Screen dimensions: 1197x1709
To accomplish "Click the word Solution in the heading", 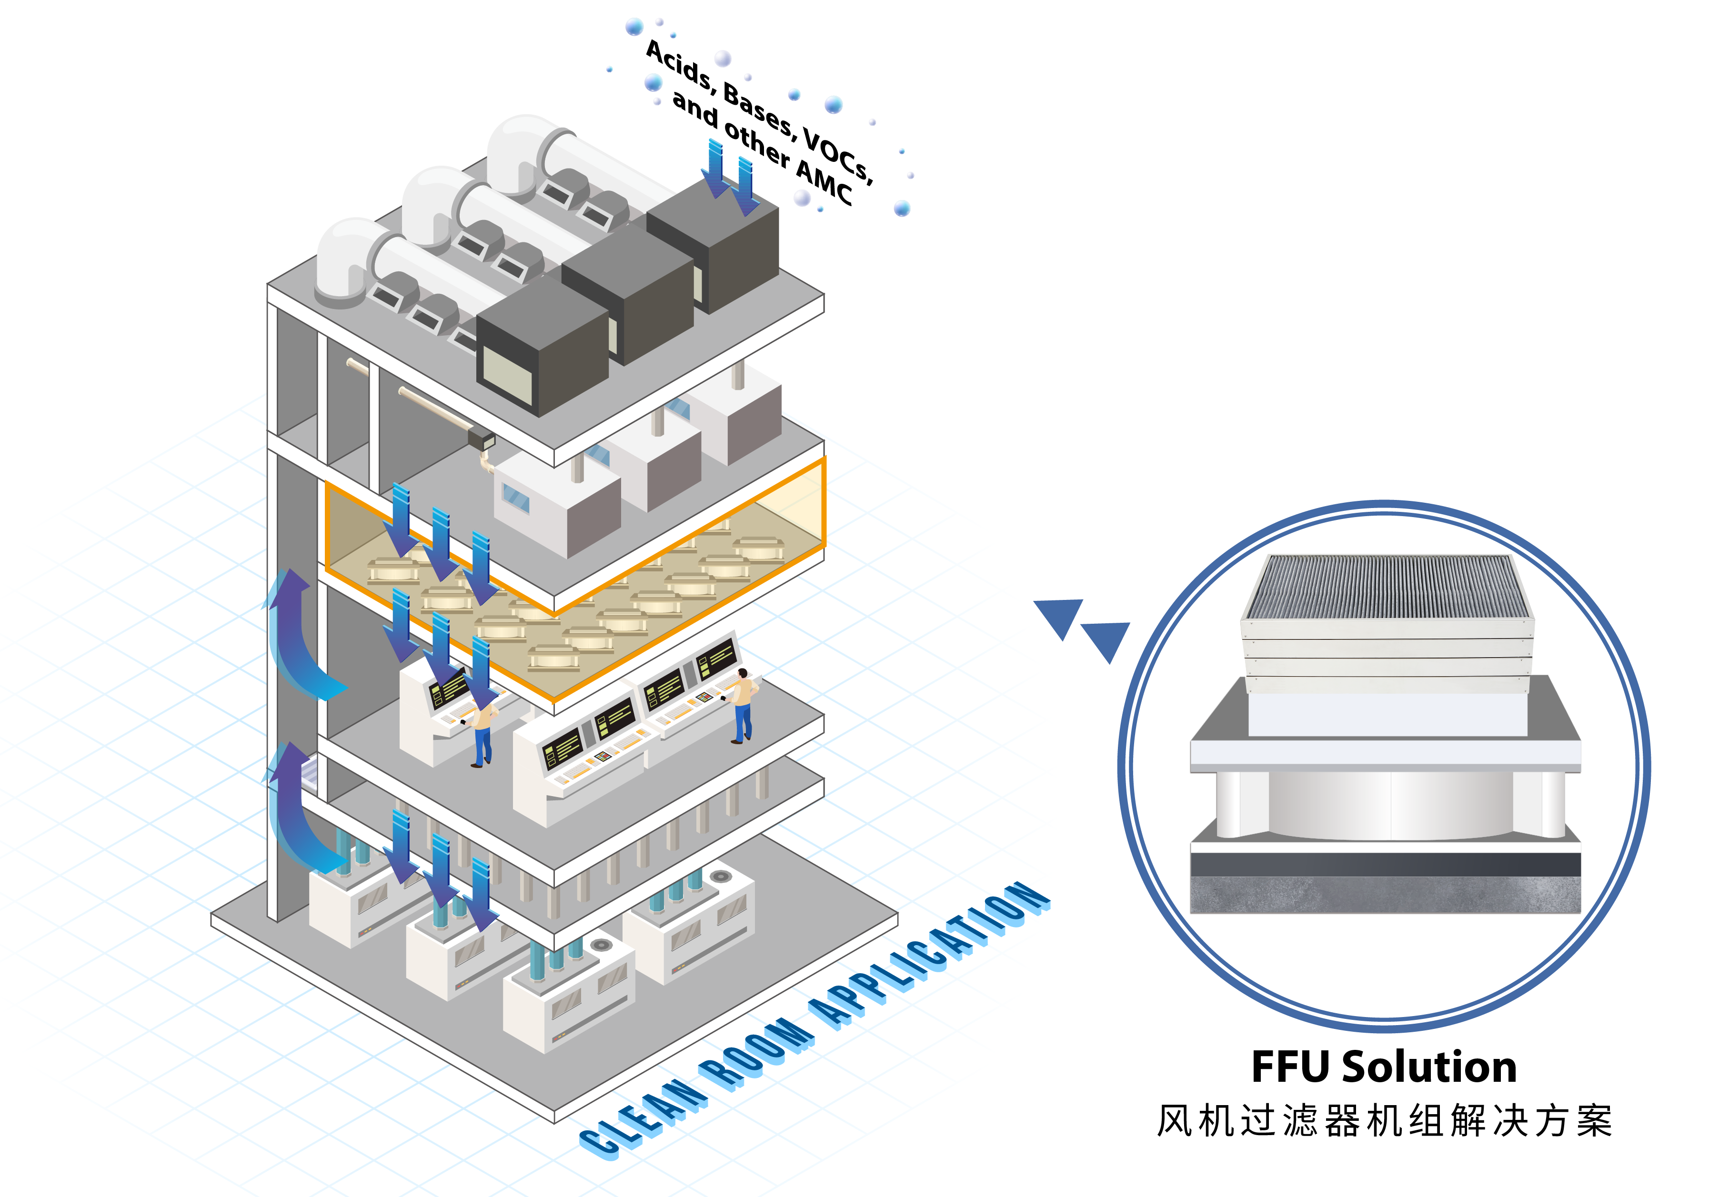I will [x=1428, y=1067].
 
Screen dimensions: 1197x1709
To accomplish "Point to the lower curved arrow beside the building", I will [x=298, y=811].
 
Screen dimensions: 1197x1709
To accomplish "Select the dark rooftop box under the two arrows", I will [x=714, y=246].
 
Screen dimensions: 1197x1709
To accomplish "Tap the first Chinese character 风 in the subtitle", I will [x=1175, y=1120].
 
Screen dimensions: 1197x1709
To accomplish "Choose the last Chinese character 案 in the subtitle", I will [x=1594, y=1120].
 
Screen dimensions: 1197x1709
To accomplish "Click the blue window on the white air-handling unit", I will [x=515, y=499].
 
